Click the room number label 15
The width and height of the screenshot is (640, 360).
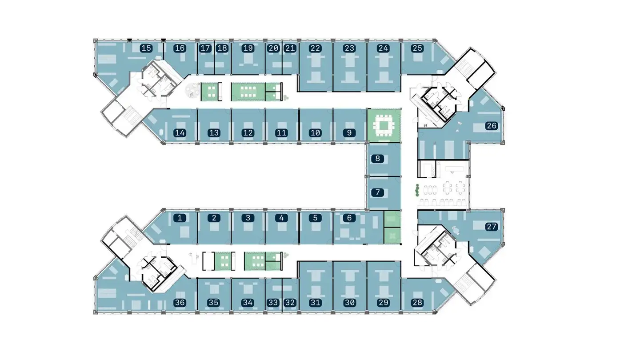tap(146, 48)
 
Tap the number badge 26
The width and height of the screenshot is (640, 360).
tap(491, 126)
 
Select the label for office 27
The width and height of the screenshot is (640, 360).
tap(491, 227)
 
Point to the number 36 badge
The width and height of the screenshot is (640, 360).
tap(180, 303)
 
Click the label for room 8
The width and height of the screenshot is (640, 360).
tap(377, 158)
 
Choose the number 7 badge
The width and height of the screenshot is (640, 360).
tap(377, 192)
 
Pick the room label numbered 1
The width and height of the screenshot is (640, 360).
tap(180, 218)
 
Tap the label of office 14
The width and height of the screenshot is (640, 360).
tap(180, 132)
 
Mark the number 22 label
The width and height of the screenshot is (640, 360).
tap(315, 48)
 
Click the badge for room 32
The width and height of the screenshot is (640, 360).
tap(290, 303)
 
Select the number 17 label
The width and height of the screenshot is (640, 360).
tap(205, 48)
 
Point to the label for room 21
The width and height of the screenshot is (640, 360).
tap(290, 48)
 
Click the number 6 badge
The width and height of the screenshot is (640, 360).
tap(349, 218)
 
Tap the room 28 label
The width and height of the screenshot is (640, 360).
tap(417, 303)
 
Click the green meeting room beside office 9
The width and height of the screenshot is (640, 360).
tap(384, 125)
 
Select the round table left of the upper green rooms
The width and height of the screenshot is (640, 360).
tap(192, 91)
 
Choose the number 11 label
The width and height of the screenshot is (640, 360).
tap(281, 132)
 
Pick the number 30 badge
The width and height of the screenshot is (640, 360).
tap(350, 303)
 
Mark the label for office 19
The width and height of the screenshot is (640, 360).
tap(248, 48)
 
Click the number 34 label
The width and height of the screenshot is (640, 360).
tap(248, 303)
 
